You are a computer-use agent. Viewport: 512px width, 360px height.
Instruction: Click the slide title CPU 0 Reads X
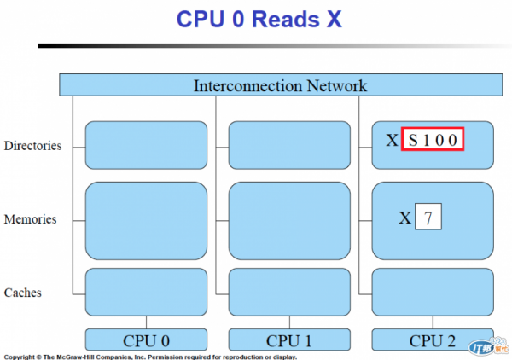259,20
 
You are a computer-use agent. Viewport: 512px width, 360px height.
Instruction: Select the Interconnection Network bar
280,85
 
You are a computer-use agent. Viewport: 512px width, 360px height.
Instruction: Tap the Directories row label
33,146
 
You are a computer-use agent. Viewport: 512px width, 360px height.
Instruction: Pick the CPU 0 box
146,340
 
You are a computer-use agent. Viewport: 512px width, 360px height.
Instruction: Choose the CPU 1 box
289,340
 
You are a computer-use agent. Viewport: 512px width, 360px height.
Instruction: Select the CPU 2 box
433,340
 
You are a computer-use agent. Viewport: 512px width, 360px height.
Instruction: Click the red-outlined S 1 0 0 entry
433,140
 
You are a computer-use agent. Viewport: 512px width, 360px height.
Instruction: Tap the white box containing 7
428,218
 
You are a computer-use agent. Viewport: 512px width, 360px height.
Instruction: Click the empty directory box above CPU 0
146,145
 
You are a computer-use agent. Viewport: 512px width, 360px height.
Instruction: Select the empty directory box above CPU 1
289,145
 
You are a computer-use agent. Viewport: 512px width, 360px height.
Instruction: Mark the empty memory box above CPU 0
146,220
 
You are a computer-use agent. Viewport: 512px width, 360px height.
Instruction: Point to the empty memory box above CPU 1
289,220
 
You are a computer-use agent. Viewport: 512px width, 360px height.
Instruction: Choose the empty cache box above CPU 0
146,293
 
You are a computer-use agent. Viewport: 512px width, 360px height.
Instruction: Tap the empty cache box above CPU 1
289,293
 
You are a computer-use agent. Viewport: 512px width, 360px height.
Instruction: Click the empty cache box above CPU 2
433,293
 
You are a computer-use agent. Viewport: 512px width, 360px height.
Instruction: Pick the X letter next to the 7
405,218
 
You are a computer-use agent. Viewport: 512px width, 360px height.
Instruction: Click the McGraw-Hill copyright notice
149,356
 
